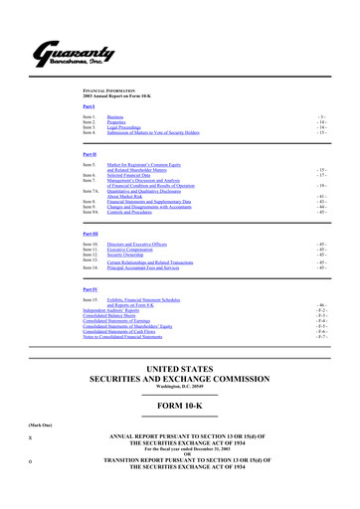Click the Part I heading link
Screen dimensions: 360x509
(x=90, y=106)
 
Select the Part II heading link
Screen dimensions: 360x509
(x=90, y=155)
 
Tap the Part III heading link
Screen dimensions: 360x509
(x=91, y=234)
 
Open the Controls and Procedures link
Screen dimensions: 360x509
(x=139, y=213)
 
